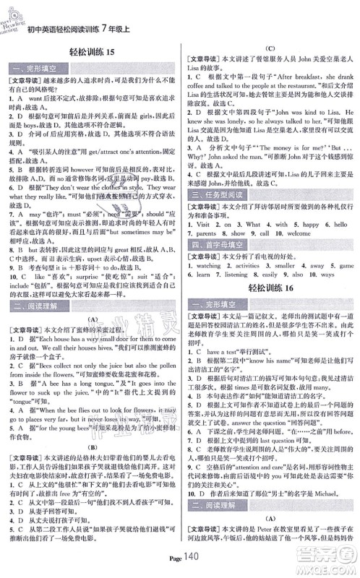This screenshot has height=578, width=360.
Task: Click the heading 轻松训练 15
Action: (90, 51)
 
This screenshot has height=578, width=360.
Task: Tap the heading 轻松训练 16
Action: (271, 288)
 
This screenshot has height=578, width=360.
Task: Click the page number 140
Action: (192, 563)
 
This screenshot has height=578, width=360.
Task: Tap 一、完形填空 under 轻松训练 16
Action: (216, 304)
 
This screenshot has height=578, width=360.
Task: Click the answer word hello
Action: (337, 225)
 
